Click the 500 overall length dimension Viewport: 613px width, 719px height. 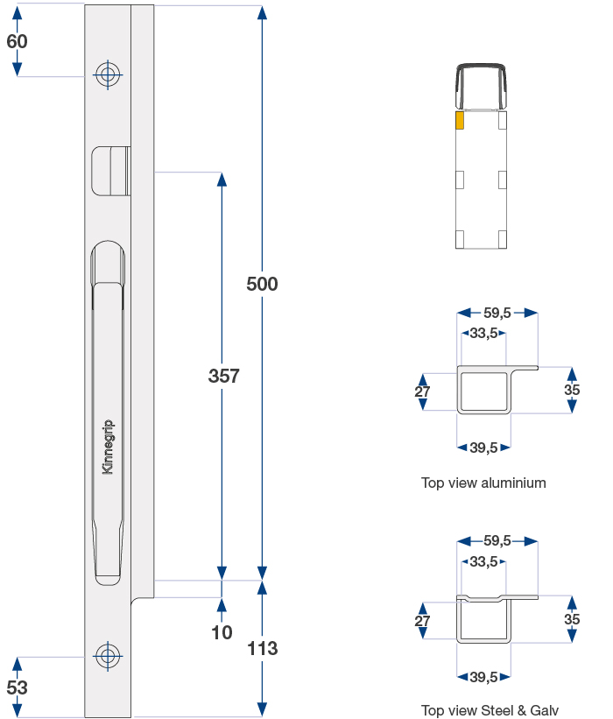(262, 284)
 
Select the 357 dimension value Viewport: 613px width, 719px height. (223, 376)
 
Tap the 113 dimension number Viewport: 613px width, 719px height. (262, 648)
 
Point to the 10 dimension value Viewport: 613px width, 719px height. (222, 632)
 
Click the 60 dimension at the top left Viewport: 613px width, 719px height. (17, 41)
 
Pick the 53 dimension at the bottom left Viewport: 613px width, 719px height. (17, 687)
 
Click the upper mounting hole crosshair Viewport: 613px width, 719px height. (108, 74)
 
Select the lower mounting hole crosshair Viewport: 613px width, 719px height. (108, 656)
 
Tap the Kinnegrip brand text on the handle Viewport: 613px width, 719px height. (108, 447)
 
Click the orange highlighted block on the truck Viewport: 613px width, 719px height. (460, 120)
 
